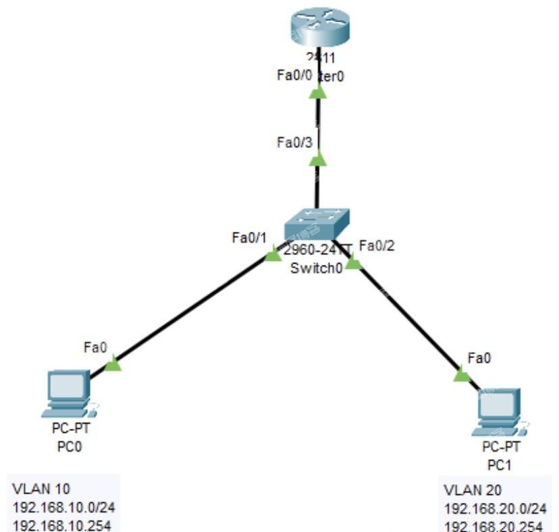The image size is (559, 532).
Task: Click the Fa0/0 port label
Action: pos(294,76)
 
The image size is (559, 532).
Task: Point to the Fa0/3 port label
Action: pos(294,142)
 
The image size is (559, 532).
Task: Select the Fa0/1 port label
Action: pos(249,237)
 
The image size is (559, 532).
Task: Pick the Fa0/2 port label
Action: pos(377,246)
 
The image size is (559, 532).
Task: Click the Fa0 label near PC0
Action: pos(95,347)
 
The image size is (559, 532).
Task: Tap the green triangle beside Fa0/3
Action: pos(317,159)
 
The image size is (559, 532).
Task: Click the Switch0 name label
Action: pos(317,268)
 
